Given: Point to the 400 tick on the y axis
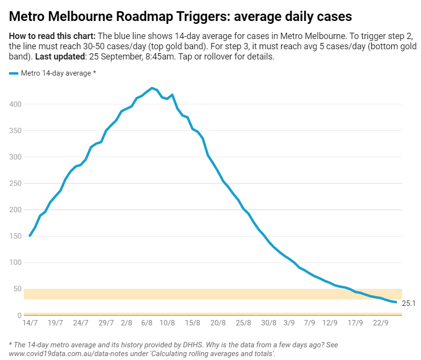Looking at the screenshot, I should [16, 104].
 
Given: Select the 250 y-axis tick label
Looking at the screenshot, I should [16, 183].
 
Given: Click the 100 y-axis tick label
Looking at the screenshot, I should [16, 262].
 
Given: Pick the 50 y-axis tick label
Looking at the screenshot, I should [18, 289].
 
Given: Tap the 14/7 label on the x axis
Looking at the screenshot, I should [30, 322].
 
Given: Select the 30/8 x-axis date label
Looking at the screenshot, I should [268, 322].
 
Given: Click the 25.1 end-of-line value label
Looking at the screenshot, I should [408, 303].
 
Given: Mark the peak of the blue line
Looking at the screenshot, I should [152, 88].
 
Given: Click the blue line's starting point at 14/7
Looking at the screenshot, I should [30, 236].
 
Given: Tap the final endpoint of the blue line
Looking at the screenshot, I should [396, 302].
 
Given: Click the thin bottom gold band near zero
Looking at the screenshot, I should [213, 314].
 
